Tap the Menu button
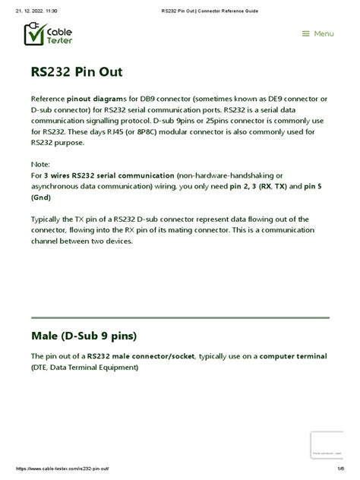(317, 33)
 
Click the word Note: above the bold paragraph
(40, 164)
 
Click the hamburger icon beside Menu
(305, 33)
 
